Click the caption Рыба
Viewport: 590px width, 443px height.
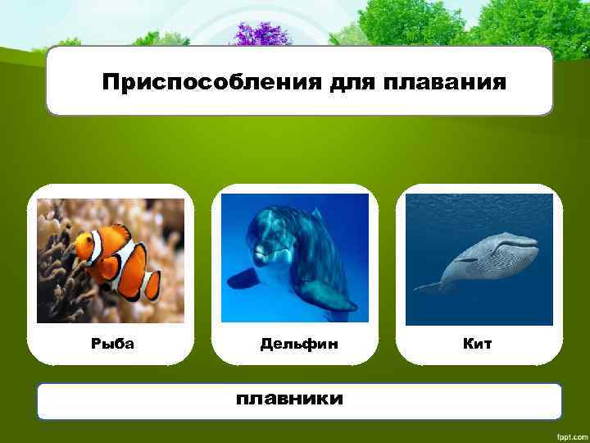click(112, 344)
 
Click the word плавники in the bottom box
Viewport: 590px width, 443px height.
click(289, 400)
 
